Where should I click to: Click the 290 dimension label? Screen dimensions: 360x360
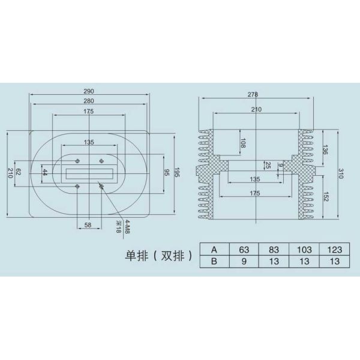89,91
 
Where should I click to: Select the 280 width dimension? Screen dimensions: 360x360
89,101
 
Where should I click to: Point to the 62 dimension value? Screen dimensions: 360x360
18,172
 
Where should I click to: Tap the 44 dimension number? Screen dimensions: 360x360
45,172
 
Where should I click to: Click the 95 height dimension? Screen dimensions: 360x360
167,173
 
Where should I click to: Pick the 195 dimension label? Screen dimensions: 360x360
177,172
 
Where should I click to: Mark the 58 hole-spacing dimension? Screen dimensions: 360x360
88,225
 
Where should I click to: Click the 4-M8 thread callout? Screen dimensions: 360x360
128,226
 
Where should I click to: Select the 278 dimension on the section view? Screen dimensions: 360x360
253,94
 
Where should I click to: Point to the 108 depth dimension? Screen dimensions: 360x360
244,143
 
